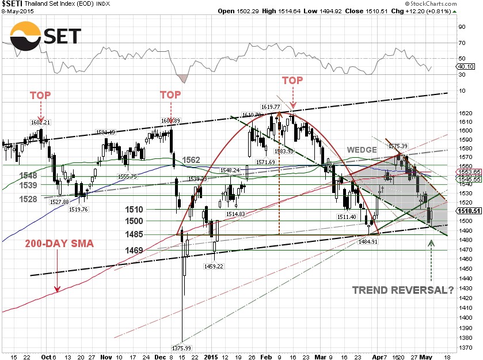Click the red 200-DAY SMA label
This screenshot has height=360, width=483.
[x=59, y=244]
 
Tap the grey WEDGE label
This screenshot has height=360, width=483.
[x=361, y=150]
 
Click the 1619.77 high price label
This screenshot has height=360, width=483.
[x=270, y=107]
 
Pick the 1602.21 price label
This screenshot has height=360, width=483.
[x=41, y=122]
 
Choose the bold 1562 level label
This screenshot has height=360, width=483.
[x=192, y=160]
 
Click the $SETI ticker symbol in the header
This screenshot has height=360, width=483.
[x=13, y=4]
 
